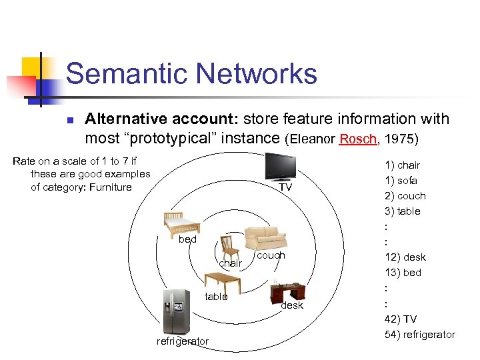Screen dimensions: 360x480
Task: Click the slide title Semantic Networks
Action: click(191, 73)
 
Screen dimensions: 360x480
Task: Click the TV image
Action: click(280, 167)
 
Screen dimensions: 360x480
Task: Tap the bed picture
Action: click(182, 222)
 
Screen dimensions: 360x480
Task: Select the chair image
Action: click(230, 247)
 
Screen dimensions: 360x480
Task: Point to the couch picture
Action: click(265, 238)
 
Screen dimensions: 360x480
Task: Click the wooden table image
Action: click(219, 283)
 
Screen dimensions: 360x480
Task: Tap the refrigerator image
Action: click(176, 311)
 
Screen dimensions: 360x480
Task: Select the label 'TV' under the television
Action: click(285, 187)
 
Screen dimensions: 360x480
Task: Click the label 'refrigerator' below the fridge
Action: click(182, 341)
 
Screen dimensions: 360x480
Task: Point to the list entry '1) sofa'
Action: click(401, 180)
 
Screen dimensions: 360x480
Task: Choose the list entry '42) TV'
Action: click(400, 319)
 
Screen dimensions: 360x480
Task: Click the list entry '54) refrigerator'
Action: click(419, 334)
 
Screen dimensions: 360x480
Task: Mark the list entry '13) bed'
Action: click(403, 272)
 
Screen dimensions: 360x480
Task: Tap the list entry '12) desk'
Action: click(405, 257)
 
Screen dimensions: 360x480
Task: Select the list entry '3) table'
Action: click(402, 211)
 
